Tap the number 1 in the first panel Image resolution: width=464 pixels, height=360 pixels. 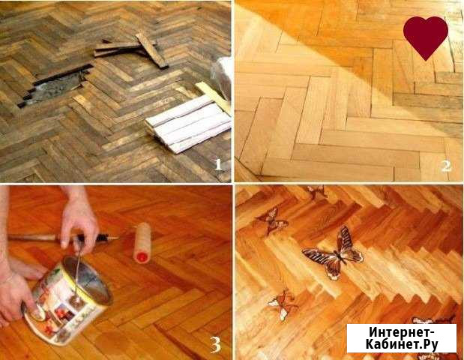click(218, 164)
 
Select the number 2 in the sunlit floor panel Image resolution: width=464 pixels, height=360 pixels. click(447, 164)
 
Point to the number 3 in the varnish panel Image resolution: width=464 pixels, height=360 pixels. click(215, 344)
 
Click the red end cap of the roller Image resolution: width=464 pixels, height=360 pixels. click(140, 258)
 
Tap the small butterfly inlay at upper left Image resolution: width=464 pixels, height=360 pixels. click(271, 220)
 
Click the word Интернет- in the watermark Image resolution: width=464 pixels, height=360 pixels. click(401, 331)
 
